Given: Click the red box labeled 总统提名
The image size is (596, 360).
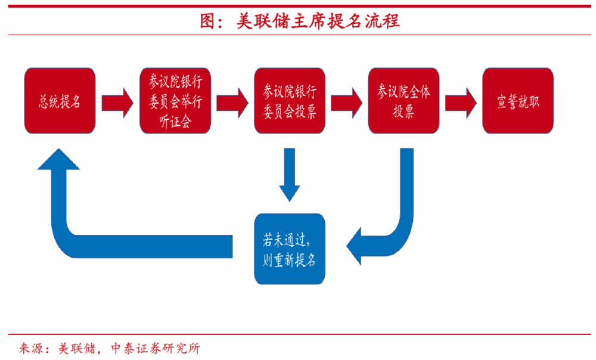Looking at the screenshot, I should click(60, 101).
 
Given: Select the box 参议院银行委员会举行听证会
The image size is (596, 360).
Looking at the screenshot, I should click(175, 101).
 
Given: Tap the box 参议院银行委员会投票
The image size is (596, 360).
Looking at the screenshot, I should click(290, 101).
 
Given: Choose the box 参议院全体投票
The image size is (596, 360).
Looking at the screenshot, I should click(403, 101).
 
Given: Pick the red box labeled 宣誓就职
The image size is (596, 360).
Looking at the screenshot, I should click(518, 101).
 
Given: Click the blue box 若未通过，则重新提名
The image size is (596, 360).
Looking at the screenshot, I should click(290, 249).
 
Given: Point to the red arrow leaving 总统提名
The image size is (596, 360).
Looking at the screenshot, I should click(117, 101).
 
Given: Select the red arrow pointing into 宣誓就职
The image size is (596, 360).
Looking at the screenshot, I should click(461, 101).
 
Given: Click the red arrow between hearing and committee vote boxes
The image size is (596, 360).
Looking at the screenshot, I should click(232, 101).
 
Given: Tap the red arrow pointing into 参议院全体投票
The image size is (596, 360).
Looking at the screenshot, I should click(346, 101).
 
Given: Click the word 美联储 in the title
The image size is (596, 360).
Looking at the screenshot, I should click(262, 21).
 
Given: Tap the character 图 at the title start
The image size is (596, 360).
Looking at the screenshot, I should click(207, 21).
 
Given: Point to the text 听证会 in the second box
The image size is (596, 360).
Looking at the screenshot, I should click(175, 122).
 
